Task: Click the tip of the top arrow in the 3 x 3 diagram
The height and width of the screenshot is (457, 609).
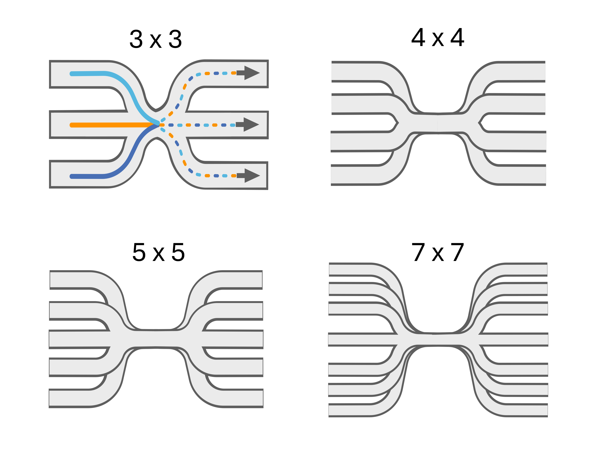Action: click(x=260, y=73)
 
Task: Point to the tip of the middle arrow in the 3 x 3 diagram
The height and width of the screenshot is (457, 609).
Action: click(x=259, y=125)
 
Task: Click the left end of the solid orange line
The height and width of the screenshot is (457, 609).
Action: click(x=71, y=125)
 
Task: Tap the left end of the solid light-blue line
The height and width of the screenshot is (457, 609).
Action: click(x=71, y=74)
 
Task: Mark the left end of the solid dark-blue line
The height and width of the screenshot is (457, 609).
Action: click(x=71, y=176)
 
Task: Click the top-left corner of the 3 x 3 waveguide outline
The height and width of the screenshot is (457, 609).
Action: click(x=50, y=61)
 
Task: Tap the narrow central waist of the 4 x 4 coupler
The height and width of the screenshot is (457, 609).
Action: click(x=437, y=123)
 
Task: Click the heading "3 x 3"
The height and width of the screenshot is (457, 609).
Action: click(x=156, y=39)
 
